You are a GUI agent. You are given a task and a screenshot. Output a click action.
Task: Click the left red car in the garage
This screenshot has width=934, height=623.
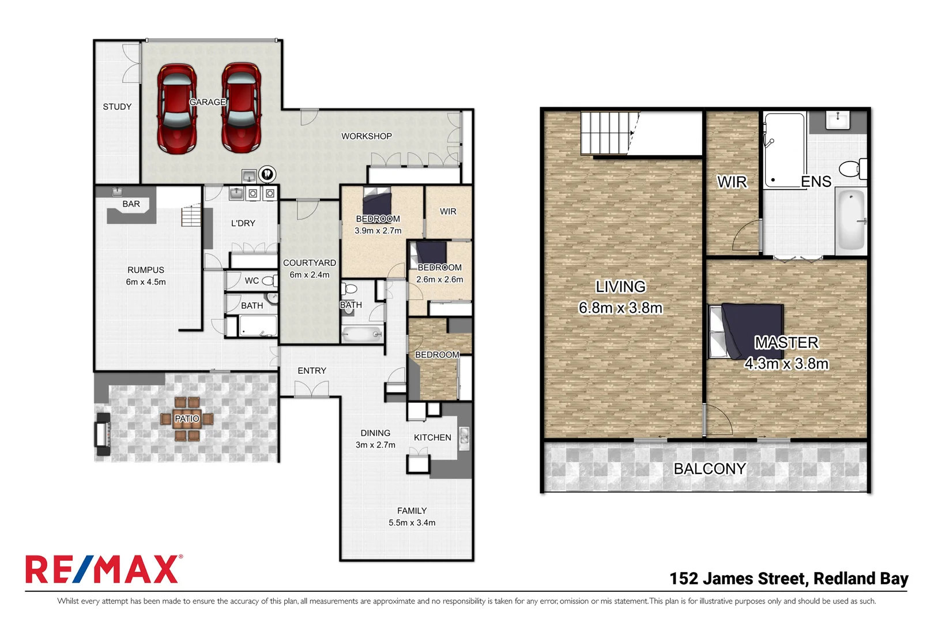pyautogui.click(x=177, y=108)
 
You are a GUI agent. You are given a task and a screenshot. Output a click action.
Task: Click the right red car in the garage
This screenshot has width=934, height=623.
pyautogui.click(x=242, y=108)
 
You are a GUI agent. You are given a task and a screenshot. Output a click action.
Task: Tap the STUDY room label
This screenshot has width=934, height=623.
pyautogui.click(x=117, y=107)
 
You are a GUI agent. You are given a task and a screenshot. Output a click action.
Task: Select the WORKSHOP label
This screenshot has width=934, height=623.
pyautogui.click(x=366, y=136)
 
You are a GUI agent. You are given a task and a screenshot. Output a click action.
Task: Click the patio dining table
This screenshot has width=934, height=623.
pyautogui.click(x=187, y=419)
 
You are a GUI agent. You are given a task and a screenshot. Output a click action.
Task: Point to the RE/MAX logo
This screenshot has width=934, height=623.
pyautogui.click(x=103, y=570)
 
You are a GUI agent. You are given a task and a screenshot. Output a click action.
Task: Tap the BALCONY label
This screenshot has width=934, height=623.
pyautogui.click(x=709, y=469)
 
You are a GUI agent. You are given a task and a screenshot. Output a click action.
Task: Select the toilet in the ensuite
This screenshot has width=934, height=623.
pyautogui.click(x=852, y=169)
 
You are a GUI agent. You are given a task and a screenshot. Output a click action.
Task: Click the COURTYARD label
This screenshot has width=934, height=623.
pyautogui.click(x=310, y=263)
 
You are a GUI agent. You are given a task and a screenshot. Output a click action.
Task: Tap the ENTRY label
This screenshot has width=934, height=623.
pyautogui.click(x=312, y=371)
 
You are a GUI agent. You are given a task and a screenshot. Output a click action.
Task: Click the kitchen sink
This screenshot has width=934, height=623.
pyautogui.click(x=464, y=438)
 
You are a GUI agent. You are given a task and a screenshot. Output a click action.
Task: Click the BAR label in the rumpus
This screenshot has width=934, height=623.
pyautogui.click(x=131, y=204)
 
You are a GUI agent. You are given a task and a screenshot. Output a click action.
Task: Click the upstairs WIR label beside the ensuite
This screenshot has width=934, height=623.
pyautogui.click(x=732, y=182)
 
